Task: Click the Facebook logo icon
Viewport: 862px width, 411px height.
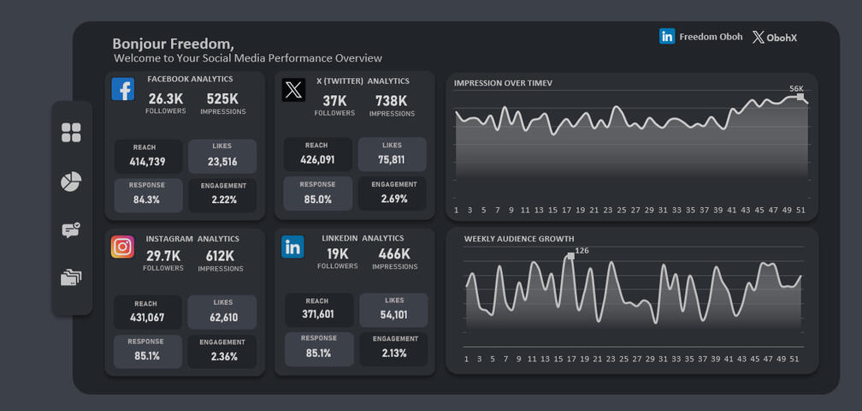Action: (123, 89)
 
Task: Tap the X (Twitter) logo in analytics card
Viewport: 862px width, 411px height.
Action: (293, 89)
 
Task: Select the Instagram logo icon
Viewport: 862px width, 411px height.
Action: (122, 247)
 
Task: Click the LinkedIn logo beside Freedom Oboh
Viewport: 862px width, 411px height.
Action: (667, 37)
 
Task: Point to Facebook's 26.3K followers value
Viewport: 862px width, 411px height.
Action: (165, 99)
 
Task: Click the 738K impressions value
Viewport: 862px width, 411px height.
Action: (392, 101)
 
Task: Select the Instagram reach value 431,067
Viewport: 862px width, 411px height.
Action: (147, 318)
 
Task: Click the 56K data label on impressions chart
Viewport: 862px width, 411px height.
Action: (796, 88)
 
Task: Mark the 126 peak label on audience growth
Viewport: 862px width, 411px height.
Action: (582, 251)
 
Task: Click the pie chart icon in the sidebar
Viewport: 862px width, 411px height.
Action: (71, 182)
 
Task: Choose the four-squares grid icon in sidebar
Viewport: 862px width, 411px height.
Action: (71, 133)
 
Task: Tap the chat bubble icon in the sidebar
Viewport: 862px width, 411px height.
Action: (71, 230)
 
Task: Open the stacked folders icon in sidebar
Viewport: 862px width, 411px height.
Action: (71, 277)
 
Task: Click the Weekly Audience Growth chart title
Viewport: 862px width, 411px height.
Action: (519, 239)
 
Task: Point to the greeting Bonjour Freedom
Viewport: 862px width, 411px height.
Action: (173, 44)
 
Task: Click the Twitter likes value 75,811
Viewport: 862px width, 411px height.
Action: (392, 160)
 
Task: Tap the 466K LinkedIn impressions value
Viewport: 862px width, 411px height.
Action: (394, 254)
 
